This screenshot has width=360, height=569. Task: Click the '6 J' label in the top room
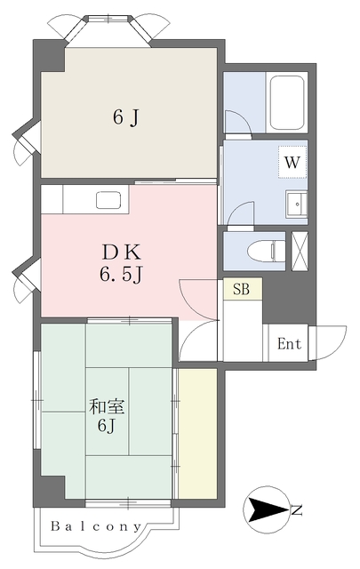coord(126,117)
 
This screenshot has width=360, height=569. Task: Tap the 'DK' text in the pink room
coord(121,252)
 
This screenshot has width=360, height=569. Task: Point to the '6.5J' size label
coord(121,275)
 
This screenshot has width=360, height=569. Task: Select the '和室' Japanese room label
coord(107,406)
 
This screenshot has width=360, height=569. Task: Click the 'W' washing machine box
coord(292,162)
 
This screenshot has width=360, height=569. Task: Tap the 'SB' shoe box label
coord(241,289)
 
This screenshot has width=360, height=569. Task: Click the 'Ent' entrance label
coord(289,344)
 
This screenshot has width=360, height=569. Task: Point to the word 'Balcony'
coord(96,526)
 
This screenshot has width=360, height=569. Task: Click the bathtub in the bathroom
coord(287,103)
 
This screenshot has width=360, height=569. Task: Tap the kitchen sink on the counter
coord(108,200)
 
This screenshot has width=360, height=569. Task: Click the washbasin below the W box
coord(297,204)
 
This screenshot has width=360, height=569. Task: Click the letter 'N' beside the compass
coord(297,510)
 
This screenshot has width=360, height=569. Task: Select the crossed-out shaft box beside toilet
coord(300,251)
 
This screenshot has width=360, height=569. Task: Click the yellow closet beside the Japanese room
coord(198,434)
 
